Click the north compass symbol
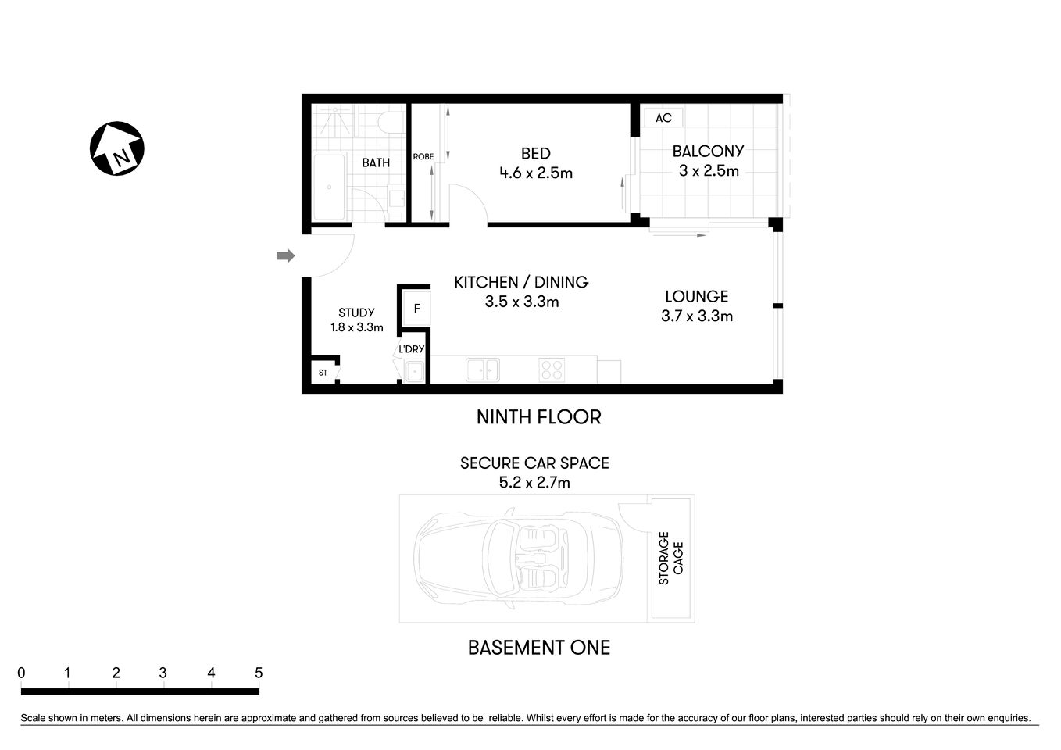point(117,148)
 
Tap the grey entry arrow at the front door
point(285,255)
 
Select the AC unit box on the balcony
point(663,118)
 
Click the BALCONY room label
point(708,151)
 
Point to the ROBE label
point(423,157)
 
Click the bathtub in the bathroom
point(329,187)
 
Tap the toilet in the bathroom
point(388,122)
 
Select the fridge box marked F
point(416,309)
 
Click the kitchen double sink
point(482,370)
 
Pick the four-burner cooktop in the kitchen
point(552,370)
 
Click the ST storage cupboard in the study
point(323,373)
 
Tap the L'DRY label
point(411,349)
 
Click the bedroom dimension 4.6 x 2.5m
point(536,173)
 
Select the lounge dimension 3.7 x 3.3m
point(697,316)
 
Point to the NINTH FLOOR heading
point(539,417)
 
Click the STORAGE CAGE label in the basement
point(670,558)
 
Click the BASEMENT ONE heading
point(539,648)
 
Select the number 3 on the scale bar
point(163,673)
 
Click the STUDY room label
point(356,312)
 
